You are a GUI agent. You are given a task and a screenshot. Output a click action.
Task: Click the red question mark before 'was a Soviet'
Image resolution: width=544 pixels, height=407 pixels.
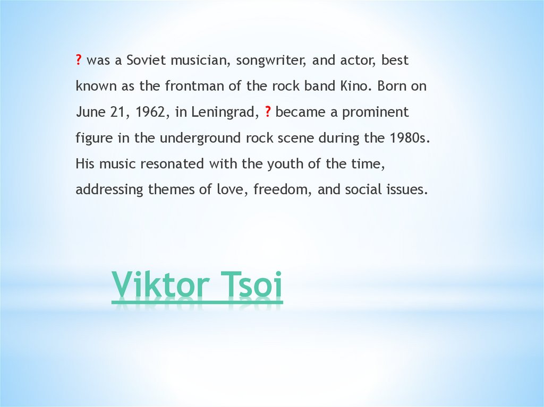[x=78, y=60]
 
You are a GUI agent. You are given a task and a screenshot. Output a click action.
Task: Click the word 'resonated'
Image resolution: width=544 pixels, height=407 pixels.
[x=173, y=164]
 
